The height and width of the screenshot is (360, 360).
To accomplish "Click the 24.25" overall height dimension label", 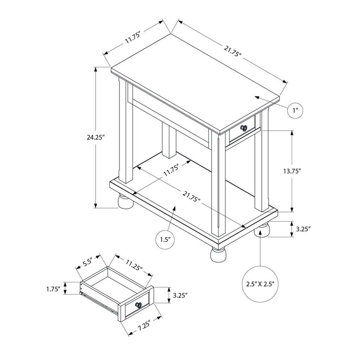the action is click(96, 137).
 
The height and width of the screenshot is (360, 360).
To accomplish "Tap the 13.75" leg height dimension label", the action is click(292, 171).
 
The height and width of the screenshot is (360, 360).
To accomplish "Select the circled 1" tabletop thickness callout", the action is click(295, 111).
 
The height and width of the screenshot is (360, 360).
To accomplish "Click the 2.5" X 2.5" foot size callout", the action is click(261, 284).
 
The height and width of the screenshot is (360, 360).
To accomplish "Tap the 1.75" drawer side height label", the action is click(53, 289).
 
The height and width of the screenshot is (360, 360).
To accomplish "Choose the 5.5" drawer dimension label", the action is click(88, 262).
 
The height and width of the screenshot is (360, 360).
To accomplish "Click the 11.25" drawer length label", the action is click(134, 265).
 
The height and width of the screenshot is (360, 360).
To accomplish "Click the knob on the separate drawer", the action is click(139, 305).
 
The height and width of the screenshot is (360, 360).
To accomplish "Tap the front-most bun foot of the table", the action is click(218, 255).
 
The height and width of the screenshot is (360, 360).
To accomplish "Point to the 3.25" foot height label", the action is click(303, 229).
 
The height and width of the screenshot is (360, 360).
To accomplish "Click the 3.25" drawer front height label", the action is click(180, 295).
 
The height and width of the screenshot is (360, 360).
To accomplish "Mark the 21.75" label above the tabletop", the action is click(233, 51).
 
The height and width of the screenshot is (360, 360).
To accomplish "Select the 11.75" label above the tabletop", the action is click(133, 37).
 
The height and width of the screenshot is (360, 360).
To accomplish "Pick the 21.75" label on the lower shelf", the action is click(192, 196).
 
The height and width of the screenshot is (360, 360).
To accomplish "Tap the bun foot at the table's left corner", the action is click(126, 202).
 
